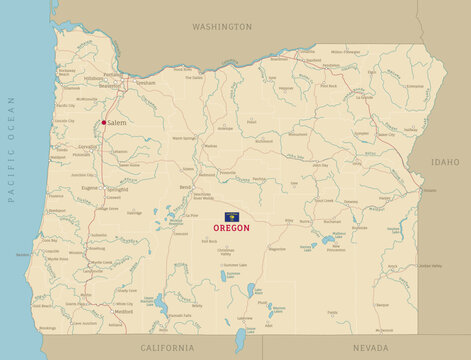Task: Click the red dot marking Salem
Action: click(x=103, y=123)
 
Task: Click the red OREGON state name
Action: click(x=232, y=228)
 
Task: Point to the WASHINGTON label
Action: click(x=222, y=27)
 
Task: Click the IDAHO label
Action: click(x=444, y=160)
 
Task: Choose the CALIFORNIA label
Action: click(x=166, y=347)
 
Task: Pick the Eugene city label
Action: click(x=90, y=187)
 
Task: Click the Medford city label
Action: click(x=123, y=310)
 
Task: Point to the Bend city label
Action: click(x=184, y=187)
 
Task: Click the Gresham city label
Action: click(x=146, y=83)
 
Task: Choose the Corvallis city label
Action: click(x=88, y=147)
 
